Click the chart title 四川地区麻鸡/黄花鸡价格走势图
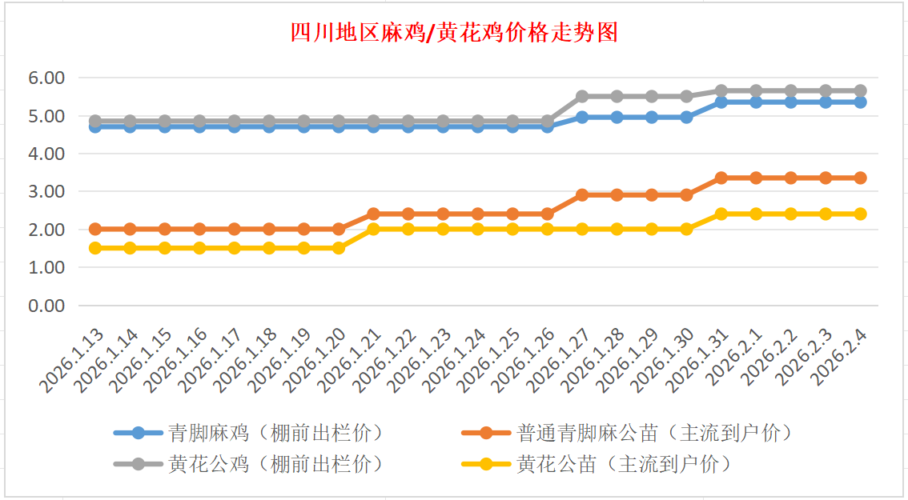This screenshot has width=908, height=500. click(x=454, y=33)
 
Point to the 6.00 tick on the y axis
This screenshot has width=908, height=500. click(x=46, y=78)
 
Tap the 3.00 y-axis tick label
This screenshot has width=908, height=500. click(x=46, y=192)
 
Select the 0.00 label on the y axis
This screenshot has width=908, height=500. click(x=46, y=306)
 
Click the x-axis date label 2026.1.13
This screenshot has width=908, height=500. click(x=72, y=361)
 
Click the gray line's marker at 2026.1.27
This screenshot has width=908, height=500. click(x=582, y=96)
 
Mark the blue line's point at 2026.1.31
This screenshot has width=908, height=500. click(x=721, y=102)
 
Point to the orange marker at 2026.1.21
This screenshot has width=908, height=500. click(x=373, y=214)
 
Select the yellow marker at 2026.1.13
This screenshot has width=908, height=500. click(x=95, y=248)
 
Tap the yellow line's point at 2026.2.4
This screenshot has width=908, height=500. click(x=860, y=214)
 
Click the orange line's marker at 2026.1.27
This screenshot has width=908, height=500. click(x=582, y=194)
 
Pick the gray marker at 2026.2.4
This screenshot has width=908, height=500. click(x=860, y=90)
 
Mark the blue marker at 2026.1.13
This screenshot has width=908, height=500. click(x=95, y=126)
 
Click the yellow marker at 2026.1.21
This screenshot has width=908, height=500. click(x=373, y=229)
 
